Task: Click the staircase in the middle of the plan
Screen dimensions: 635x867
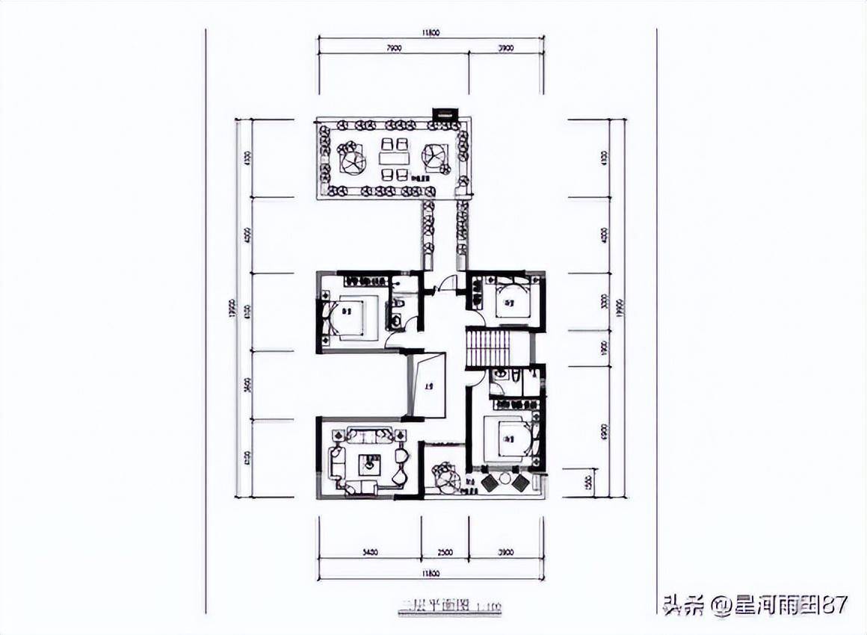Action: (x=487, y=348)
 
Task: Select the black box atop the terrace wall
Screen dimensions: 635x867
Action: (x=445, y=115)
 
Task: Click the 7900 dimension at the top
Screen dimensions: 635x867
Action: (x=394, y=49)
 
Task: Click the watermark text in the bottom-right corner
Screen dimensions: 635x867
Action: (x=755, y=604)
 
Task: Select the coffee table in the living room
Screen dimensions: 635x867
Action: (x=370, y=464)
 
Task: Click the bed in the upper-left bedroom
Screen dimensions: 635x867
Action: (x=350, y=318)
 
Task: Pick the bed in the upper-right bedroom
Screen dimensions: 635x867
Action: (x=512, y=302)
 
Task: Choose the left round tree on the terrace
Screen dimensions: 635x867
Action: (x=351, y=159)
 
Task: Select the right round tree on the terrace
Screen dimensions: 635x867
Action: (x=435, y=157)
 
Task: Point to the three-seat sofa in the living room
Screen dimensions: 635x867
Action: (x=369, y=436)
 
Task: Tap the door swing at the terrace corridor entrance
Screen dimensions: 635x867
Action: (x=448, y=283)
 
